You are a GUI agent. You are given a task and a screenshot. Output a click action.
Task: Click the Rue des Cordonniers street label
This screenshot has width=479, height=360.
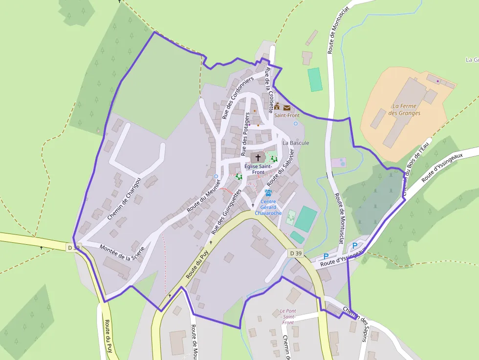pyautogui.click(x=238, y=98)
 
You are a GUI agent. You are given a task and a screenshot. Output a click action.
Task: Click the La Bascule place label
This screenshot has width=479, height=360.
pyautogui.click(x=296, y=143)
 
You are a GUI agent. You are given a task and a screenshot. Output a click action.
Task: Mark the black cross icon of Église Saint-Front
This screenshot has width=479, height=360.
pyautogui.click(x=258, y=157)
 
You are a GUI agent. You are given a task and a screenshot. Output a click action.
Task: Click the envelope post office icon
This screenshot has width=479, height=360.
pyautogui.click(x=286, y=107)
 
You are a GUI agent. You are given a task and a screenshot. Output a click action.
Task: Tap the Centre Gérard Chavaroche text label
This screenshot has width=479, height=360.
pyautogui.click(x=268, y=207)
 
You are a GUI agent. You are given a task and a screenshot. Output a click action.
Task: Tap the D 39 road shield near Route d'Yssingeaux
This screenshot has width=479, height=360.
pyautogui.click(x=296, y=253)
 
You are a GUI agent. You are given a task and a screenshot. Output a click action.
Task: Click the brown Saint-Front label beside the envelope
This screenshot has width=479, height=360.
pyautogui.click(x=286, y=115)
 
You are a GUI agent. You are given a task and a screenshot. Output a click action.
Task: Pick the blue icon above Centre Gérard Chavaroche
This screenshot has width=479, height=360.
pyautogui.click(x=268, y=193)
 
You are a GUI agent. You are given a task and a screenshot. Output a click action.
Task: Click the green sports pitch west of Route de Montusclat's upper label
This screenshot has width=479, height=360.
pyautogui.click(x=315, y=79)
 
